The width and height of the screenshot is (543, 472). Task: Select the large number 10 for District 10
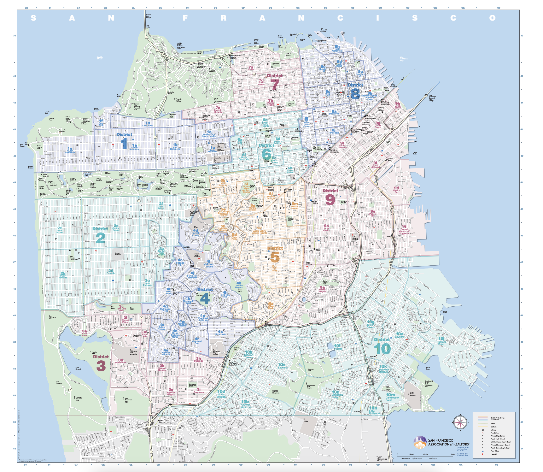pos(382,349)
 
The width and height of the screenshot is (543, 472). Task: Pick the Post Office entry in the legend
pos(495,451)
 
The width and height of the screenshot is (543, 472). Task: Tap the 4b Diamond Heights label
pos(239,285)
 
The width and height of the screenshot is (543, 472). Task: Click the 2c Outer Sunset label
pos(60,230)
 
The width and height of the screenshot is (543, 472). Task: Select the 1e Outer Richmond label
pos(70,150)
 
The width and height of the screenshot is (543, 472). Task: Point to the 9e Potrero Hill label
pos(373,213)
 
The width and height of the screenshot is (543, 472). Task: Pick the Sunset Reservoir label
pos(118,254)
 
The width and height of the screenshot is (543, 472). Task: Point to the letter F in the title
pos(185,18)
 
